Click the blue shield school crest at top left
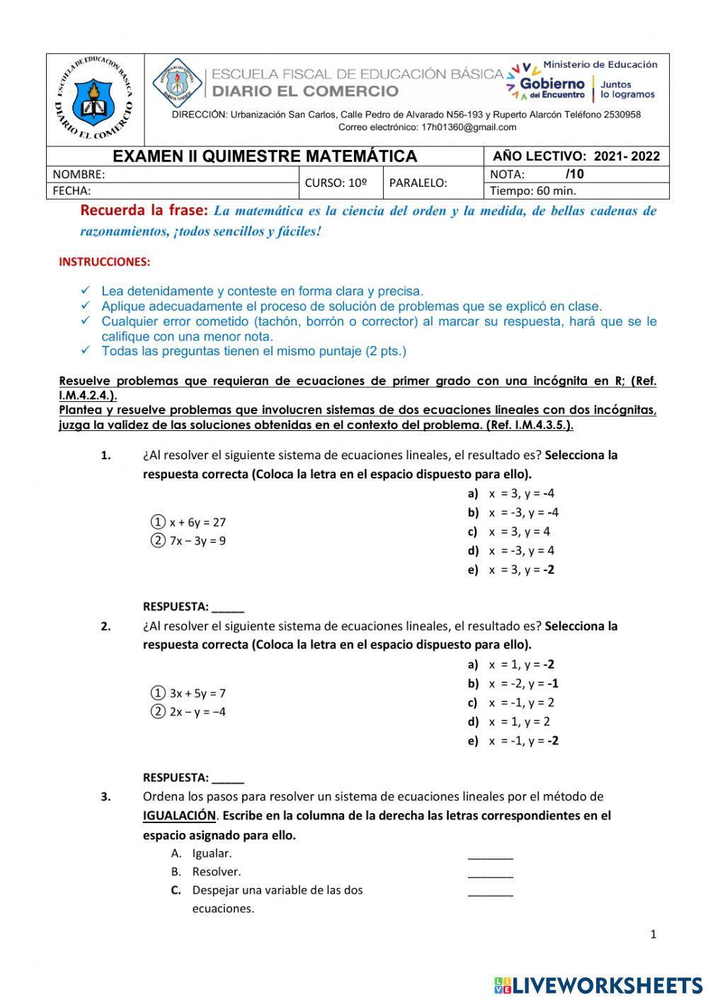[94, 99]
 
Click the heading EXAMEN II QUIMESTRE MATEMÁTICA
[265, 156]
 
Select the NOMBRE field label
[79, 175]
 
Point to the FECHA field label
[72, 190]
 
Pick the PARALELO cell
[418, 183]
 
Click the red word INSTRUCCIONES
[104, 262]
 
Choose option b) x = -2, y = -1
[513, 684]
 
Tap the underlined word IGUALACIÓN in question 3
[179, 815]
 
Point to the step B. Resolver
[206, 872]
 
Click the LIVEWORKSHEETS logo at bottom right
[598, 984]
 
